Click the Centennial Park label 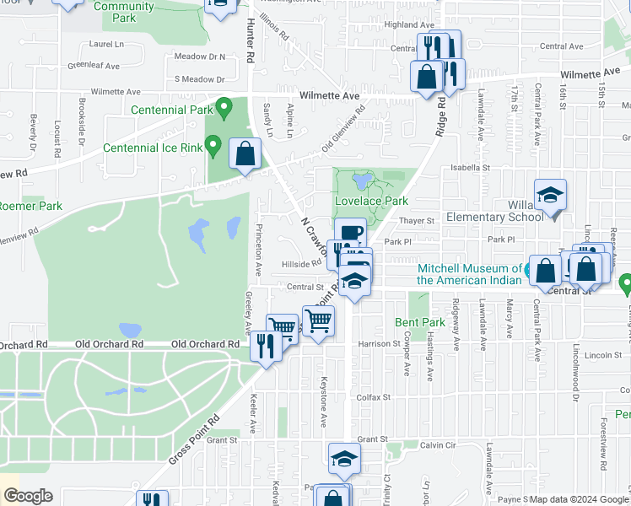point(171,110)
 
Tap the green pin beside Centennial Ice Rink point(214,147)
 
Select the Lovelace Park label point(371,201)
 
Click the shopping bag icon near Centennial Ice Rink point(245,154)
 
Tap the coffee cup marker point(350,232)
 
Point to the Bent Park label point(419,322)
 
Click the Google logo point(28,496)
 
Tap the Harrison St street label point(378,344)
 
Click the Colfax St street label point(375,396)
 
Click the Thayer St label point(415,221)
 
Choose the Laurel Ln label point(105,43)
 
